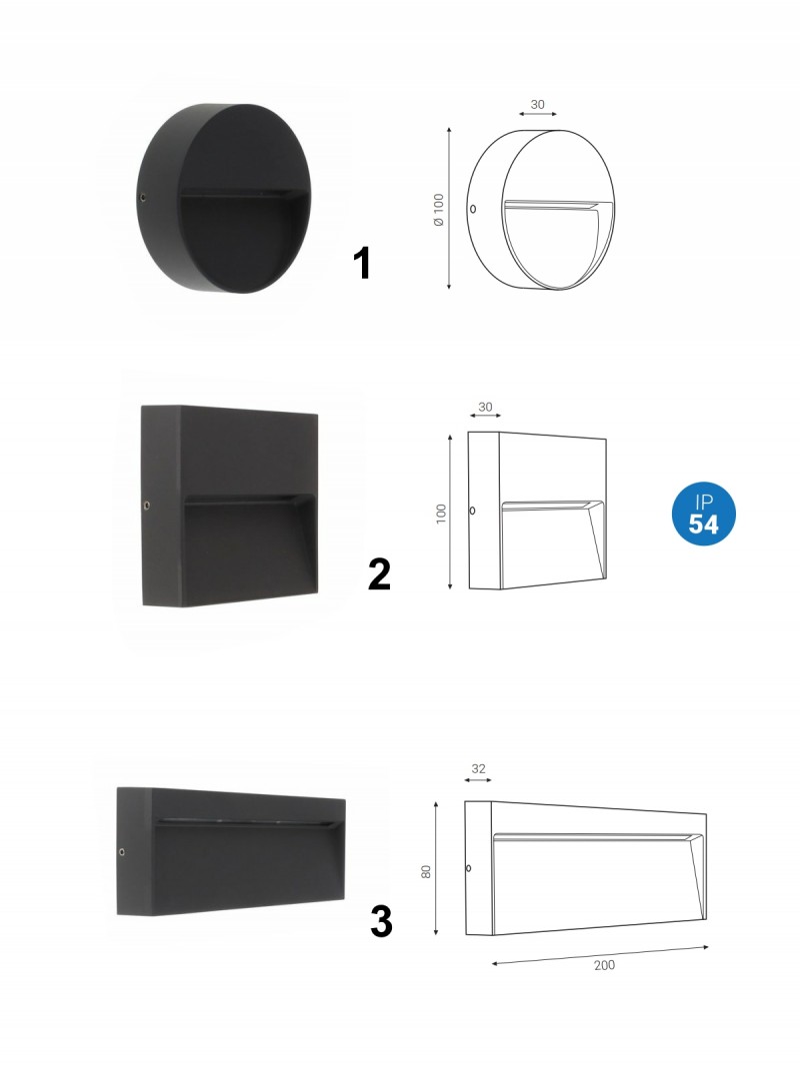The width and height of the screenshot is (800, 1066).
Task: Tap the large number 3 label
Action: (x=382, y=921)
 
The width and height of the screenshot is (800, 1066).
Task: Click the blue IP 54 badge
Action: (x=703, y=514)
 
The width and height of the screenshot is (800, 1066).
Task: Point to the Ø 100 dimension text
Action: (x=439, y=210)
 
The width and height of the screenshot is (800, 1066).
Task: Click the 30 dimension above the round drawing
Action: (x=537, y=105)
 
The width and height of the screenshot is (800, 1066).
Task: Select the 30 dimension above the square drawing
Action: (x=485, y=408)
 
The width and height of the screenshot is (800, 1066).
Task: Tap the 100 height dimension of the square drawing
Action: (x=441, y=514)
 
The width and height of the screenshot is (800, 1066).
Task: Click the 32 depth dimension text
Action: (x=478, y=768)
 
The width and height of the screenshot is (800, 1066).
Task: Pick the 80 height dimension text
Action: (x=426, y=871)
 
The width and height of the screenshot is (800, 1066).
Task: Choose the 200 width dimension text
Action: (x=604, y=965)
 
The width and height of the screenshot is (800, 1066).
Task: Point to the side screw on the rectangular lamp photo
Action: (x=122, y=851)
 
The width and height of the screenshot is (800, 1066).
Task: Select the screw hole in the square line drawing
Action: (x=472, y=510)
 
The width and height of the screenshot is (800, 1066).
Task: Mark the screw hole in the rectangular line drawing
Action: (x=468, y=868)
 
